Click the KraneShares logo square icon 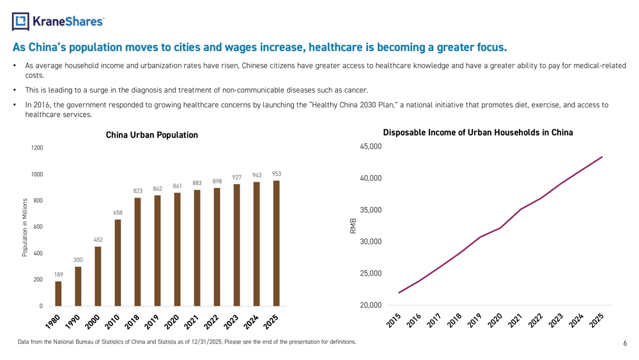coord(20,21)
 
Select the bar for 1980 coord(58,293)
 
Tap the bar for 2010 coord(118,263)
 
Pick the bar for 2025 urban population coord(276,244)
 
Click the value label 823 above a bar coord(138,191)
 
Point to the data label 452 coord(98,240)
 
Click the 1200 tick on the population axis coord(37,148)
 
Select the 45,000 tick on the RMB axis coord(371,146)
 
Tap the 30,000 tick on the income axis coord(371,241)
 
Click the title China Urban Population coord(152,135)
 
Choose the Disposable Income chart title coord(478,132)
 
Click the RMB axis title coord(353,226)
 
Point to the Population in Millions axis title coord(25,228)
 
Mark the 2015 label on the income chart coord(394,320)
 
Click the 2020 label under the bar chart coord(171,322)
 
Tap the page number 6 coord(625,343)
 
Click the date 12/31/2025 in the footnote coord(206,341)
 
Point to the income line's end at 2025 coord(602,157)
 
